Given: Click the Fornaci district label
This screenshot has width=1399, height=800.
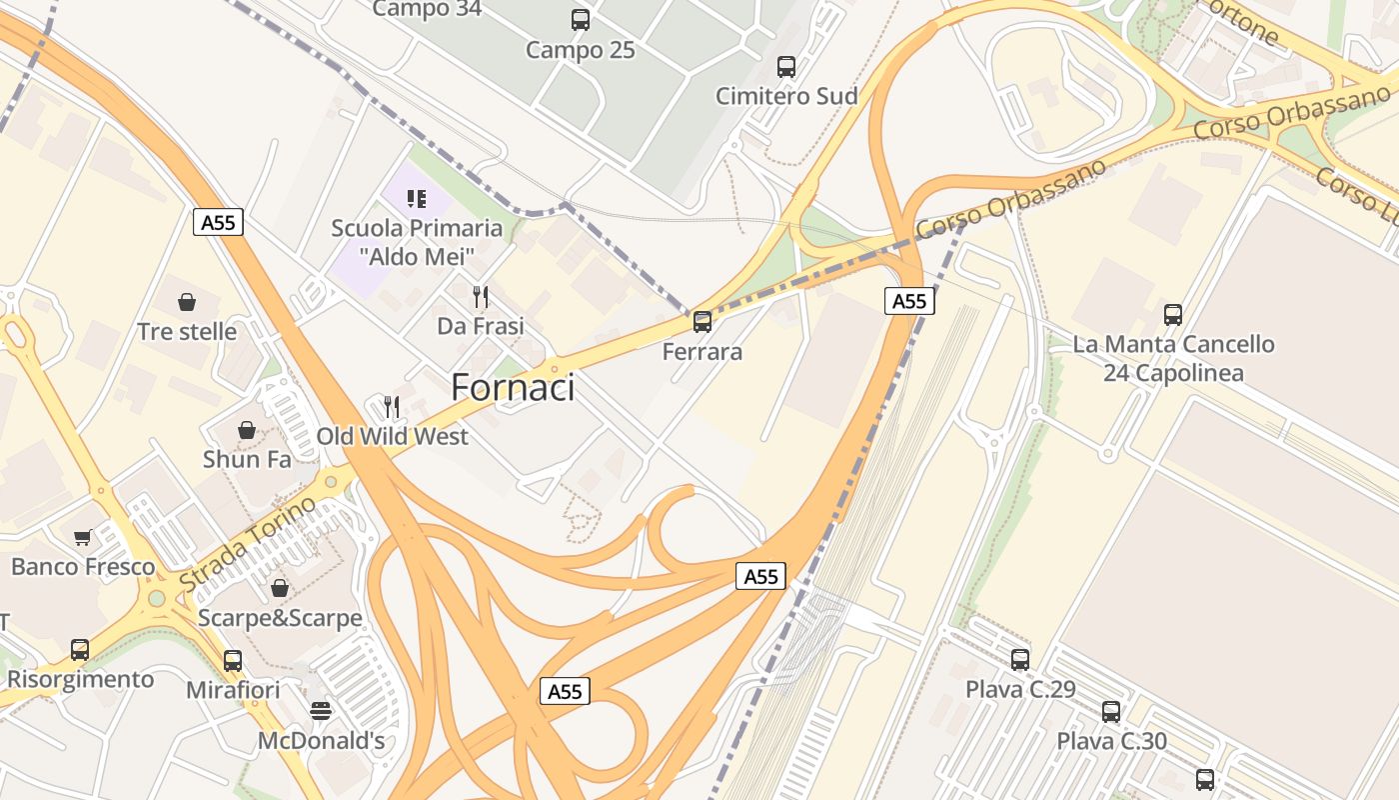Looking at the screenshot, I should tap(513, 387).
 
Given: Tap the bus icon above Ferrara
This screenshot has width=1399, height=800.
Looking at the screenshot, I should tap(702, 322).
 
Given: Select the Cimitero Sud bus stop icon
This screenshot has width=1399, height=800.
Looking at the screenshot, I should tap(786, 67).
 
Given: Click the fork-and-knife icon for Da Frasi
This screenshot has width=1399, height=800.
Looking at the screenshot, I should tap(481, 296).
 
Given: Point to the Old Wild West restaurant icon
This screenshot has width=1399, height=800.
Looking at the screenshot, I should tap(392, 407).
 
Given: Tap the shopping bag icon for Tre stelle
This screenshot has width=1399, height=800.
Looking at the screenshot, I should tap(187, 302).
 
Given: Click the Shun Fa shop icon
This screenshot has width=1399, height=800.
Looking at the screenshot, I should tap(247, 430).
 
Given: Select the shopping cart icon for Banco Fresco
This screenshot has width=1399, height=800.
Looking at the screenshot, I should tap(83, 537).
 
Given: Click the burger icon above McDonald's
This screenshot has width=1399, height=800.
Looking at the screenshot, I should tap(321, 711).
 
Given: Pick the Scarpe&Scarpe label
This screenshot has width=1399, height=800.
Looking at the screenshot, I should tap(280, 618).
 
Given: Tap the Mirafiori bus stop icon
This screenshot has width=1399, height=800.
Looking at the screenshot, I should tap(233, 661).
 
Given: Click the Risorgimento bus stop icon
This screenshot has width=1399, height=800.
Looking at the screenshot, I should tap(80, 650).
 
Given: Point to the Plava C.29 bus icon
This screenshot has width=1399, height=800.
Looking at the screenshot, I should tap(1020, 660).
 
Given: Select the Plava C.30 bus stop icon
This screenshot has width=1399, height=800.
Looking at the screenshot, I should tap(1111, 712).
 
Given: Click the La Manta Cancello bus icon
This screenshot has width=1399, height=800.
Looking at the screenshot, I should tap(1173, 315).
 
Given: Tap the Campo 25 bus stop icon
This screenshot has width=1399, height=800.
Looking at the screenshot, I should tap(581, 19).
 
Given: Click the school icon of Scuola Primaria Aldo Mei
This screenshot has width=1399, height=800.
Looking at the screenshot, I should tap(417, 198).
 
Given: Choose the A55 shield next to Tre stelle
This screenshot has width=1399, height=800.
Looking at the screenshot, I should tap(218, 222).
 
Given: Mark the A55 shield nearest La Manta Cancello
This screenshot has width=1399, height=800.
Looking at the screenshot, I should tap(909, 301).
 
